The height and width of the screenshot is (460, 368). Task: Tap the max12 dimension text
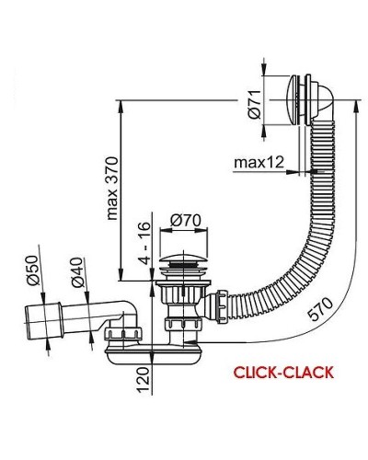click(258, 163)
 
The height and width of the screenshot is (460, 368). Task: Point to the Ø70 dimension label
click(186, 221)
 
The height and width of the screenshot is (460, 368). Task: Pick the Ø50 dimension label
click(29, 268)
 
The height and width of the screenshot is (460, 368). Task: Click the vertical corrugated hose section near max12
click(318, 175)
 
